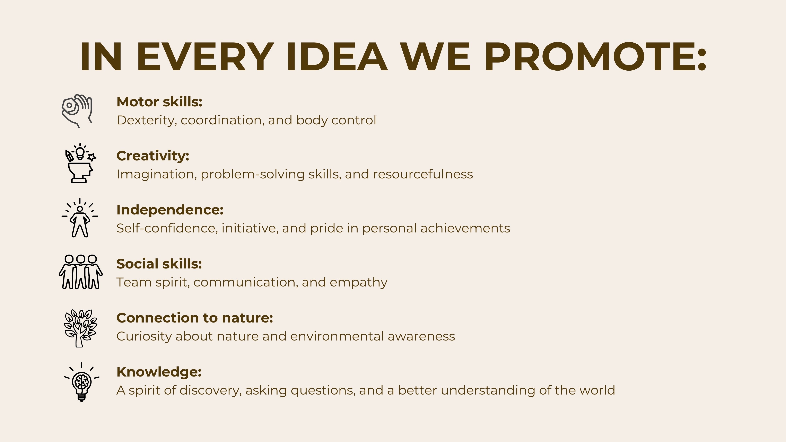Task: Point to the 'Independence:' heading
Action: pyautogui.click(x=170, y=210)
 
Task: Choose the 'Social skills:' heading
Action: pyautogui.click(x=159, y=264)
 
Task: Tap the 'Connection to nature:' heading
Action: pyautogui.click(x=195, y=318)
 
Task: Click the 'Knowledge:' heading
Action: pyautogui.click(x=159, y=372)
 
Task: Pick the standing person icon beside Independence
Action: pyautogui.click(x=80, y=218)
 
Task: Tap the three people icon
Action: pyautogui.click(x=81, y=272)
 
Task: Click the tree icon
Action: pyautogui.click(x=80, y=328)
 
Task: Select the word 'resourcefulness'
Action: pyautogui.click(x=423, y=174)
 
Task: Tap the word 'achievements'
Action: pyautogui.click(x=465, y=228)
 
